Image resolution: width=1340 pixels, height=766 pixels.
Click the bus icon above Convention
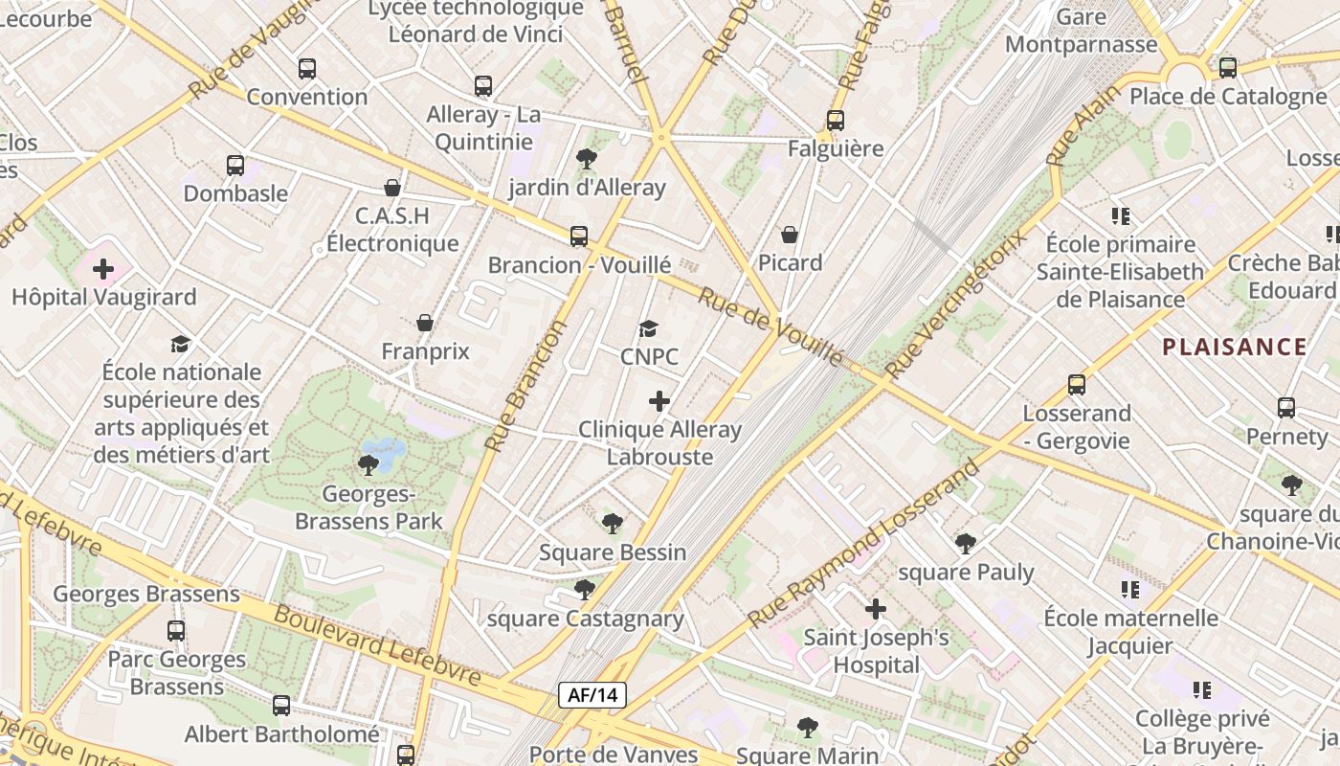point(306,69)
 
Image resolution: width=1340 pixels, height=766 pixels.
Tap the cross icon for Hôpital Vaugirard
point(103,269)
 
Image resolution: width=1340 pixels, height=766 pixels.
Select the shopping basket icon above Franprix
point(425,324)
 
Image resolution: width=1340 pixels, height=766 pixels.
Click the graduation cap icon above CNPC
point(648,329)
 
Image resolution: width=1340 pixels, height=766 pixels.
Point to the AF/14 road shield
point(592,695)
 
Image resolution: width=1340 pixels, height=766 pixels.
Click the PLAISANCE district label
point(1235,347)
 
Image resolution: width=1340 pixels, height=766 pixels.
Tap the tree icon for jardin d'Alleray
point(586,159)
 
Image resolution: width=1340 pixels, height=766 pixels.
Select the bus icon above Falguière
point(836,121)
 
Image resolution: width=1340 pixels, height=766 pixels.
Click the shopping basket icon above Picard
point(790,235)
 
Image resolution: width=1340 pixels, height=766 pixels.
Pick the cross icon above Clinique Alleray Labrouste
point(659,401)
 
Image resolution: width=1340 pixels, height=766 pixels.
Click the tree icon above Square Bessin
point(612,524)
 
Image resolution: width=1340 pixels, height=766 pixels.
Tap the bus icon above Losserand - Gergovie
point(1077,385)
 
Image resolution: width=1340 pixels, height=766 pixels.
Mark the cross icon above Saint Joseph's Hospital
point(875,609)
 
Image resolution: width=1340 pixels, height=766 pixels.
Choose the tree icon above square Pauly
point(966,544)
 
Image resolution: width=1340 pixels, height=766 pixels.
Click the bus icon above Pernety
point(1286,408)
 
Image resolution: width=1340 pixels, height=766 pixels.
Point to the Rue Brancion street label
point(526,385)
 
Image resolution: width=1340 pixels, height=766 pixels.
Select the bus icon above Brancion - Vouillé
point(579,237)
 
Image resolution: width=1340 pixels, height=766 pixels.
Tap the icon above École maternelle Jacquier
point(1129,590)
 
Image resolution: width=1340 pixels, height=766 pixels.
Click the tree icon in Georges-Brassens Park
point(368,465)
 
